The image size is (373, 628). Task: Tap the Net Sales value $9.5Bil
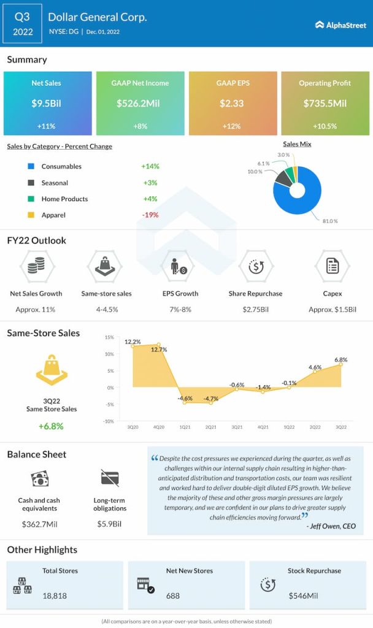click(47, 104)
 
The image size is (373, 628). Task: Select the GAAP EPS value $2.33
click(232, 104)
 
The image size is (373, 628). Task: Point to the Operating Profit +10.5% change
click(325, 126)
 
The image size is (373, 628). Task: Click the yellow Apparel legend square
click(30, 215)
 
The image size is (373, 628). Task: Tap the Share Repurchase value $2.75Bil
click(255, 310)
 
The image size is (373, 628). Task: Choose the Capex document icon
click(333, 266)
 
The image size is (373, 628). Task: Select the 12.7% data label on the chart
click(159, 350)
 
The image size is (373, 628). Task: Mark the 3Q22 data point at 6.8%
click(341, 365)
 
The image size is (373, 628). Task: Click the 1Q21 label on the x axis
click(184, 426)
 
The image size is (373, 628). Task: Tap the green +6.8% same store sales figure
click(52, 426)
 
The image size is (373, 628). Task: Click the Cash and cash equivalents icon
click(39, 478)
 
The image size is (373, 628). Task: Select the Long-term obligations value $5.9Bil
click(110, 524)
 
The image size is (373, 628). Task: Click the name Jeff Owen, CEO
click(333, 526)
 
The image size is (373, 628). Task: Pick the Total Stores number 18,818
click(55, 595)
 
